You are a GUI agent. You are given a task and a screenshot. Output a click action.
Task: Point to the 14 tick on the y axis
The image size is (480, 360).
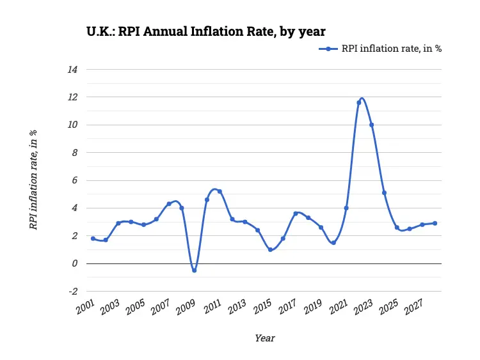pyautogui.click(x=72, y=69)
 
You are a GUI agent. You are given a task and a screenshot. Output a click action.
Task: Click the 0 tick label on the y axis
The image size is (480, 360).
pyautogui.click(x=74, y=263)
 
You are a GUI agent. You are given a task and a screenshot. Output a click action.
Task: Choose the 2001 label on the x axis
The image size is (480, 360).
pyautogui.click(x=84, y=308)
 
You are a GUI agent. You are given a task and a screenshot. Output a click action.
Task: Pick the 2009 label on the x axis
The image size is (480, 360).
pyautogui.click(x=186, y=308)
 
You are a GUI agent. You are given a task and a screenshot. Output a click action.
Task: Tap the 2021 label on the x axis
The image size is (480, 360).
pyautogui.click(x=337, y=308)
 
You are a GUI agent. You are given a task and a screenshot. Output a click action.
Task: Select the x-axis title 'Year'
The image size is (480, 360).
pyautogui.click(x=264, y=338)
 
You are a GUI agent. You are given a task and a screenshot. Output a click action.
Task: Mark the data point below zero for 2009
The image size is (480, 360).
pyautogui.click(x=194, y=270)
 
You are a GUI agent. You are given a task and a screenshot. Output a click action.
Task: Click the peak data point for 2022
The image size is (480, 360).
pyautogui.click(x=359, y=102)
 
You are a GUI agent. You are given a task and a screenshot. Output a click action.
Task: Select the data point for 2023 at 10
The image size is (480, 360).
pyautogui.click(x=371, y=125)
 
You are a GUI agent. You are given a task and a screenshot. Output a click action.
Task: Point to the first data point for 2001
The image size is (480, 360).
pyautogui.click(x=93, y=239)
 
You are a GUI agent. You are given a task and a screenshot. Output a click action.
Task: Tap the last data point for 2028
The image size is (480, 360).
pyautogui.click(x=435, y=223)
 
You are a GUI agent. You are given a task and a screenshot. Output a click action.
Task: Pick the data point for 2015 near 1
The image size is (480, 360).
pyautogui.click(x=270, y=249)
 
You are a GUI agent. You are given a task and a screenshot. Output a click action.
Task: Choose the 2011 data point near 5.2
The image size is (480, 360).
pyautogui.click(x=220, y=191)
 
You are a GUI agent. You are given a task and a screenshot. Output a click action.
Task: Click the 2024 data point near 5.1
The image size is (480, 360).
pyautogui.click(x=384, y=192)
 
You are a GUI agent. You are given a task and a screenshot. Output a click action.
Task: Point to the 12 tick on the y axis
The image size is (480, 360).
pyautogui.click(x=72, y=97)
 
